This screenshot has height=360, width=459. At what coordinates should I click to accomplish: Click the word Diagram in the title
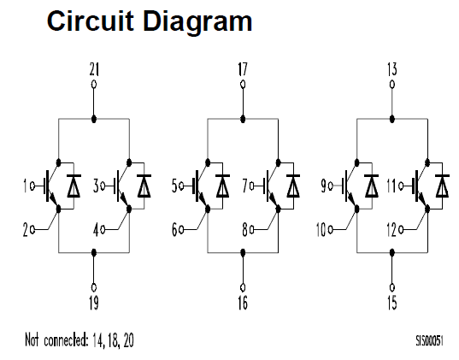[198, 22]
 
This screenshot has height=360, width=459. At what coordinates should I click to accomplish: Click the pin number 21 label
[94, 69]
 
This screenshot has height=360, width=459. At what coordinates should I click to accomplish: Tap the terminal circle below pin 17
[243, 85]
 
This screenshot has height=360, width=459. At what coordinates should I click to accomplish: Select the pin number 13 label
[392, 69]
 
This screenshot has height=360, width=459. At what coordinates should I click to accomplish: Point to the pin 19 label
[94, 303]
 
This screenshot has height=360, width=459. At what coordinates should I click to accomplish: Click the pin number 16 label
[243, 303]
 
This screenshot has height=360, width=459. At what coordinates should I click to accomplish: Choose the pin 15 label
[392, 303]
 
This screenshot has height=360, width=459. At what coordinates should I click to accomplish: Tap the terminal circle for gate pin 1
[32, 186]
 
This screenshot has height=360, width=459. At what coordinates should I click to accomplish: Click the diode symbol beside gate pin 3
[144, 186]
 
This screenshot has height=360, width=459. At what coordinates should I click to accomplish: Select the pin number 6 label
[174, 229]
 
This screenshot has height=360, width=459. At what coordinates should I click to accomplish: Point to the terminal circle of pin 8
[252, 229]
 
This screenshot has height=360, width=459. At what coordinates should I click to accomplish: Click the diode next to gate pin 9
[372, 186]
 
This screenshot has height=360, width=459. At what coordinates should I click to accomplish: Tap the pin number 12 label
[391, 229]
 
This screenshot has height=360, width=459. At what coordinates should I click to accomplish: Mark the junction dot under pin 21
[94, 119]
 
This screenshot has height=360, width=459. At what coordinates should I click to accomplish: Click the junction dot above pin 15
[392, 252]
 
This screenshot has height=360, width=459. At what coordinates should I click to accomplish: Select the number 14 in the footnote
[98, 340]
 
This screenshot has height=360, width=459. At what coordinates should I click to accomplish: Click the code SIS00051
[430, 340]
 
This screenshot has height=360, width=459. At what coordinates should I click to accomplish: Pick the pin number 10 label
[321, 229]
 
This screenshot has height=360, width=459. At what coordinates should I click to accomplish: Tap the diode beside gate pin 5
[223, 186]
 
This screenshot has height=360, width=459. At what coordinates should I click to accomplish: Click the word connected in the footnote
[66, 339]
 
